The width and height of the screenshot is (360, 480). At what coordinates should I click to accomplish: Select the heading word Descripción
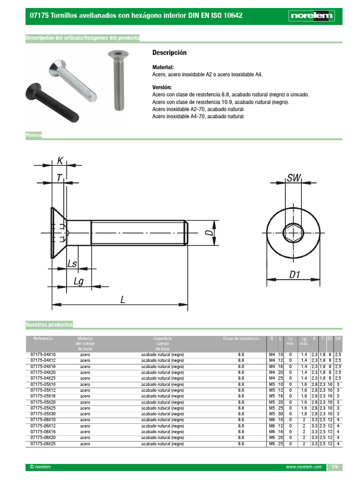pos(169,52)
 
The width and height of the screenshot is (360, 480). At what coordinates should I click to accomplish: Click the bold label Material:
pos(163,67)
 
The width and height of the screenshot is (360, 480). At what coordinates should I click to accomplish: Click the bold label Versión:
pos(162,87)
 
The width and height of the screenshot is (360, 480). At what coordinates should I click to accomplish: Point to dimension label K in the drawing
pos(60,161)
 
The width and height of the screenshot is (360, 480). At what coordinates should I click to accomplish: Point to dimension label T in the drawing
pos(59,178)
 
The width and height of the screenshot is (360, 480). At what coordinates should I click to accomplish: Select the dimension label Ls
pos(72,263)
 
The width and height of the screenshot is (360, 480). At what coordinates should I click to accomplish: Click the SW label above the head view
pos(293,178)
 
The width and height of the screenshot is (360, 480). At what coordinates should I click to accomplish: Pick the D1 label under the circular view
pos(294,275)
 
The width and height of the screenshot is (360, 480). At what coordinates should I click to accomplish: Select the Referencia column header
pos(43,338)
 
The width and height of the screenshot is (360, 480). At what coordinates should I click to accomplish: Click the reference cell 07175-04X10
pos(43,354)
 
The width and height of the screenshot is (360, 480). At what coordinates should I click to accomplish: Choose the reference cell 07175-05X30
pos(43,414)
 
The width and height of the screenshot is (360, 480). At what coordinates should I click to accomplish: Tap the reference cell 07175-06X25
pos(43,443)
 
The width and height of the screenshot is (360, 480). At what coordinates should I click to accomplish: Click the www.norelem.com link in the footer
pos(304,467)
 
